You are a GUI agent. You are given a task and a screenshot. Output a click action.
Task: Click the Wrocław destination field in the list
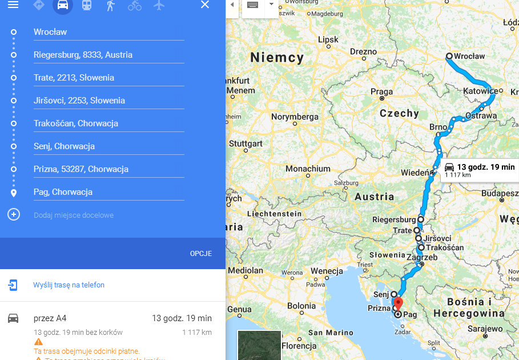pyautogui.click(x=108, y=32)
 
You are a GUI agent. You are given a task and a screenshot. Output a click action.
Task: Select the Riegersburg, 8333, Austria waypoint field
pyautogui.click(x=108, y=55)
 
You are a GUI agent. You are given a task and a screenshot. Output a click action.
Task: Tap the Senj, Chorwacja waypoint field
pyautogui.click(x=108, y=146)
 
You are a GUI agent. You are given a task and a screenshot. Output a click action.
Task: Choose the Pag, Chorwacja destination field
pyautogui.click(x=108, y=192)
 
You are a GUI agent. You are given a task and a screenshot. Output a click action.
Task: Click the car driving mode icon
pyautogui.click(x=63, y=5)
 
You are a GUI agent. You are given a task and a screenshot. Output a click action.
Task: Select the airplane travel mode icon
pyautogui.click(x=159, y=5)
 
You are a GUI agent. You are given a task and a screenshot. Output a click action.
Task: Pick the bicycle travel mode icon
pyautogui.click(x=135, y=5)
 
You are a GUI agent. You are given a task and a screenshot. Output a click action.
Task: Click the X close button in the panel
pyautogui.click(x=205, y=5)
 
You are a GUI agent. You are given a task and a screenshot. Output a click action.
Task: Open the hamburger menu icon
pyautogui.click(x=13, y=5)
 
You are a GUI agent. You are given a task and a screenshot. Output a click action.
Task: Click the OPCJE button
pyautogui.click(x=201, y=253)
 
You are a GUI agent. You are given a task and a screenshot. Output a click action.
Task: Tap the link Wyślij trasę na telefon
pyautogui.click(x=69, y=285)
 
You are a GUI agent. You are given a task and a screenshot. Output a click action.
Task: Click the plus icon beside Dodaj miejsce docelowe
pyautogui.click(x=14, y=215)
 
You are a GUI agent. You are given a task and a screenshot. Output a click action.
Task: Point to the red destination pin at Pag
pyautogui.click(x=399, y=303)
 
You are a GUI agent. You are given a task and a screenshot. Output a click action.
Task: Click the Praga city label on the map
pyautogui.click(x=381, y=91)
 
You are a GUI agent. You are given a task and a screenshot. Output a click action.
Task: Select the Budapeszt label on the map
pyautogui.click(x=498, y=193)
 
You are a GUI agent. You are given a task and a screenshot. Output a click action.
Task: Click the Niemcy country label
pyautogui.click(x=277, y=58)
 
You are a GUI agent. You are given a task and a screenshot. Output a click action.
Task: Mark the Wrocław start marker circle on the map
pyautogui.click(x=449, y=56)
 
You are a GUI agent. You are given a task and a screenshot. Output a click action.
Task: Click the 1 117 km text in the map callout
pyautogui.click(x=458, y=175)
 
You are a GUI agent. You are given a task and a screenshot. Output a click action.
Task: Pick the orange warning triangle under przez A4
pyautogui.click(x=38, y=342)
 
